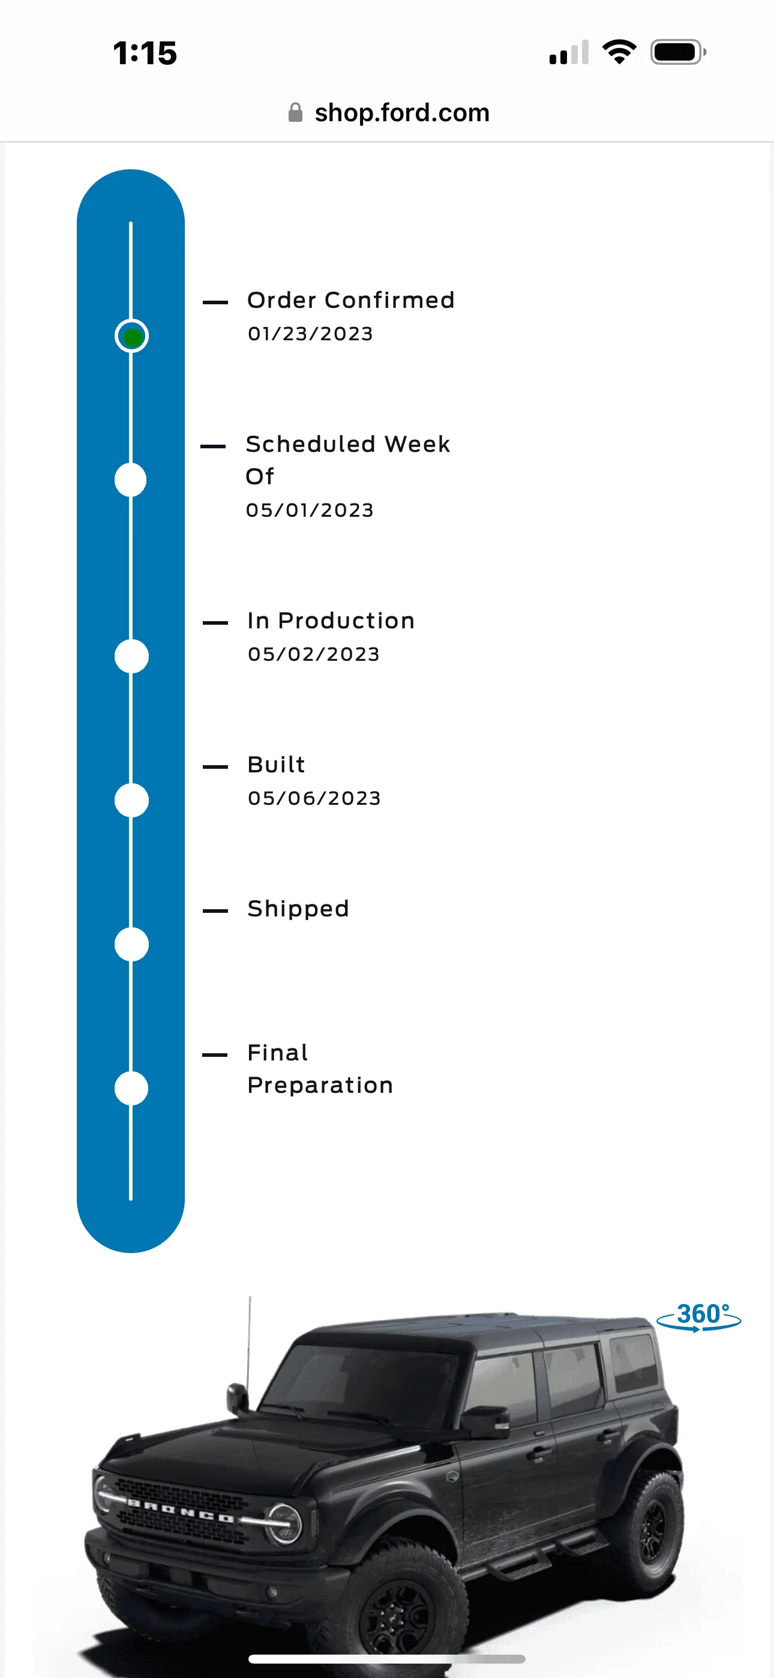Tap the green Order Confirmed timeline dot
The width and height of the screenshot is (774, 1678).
[131, 336]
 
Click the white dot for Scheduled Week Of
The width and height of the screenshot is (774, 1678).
[131, 480]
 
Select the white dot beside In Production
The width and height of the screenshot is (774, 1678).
[131, 656]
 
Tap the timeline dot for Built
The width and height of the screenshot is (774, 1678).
[131, 800]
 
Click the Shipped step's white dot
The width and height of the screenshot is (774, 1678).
[131, 944]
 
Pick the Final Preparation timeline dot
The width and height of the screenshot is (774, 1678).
[131, 1088]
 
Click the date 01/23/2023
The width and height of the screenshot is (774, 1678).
[310, 334]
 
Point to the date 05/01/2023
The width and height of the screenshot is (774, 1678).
[310, 510]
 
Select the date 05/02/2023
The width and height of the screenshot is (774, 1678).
[313, 654]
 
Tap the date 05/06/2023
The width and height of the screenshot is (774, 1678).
[314, 798]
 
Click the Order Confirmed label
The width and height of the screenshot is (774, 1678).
[350, 300]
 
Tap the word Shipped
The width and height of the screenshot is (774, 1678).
[298, 909]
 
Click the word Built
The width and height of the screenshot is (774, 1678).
[276, 765]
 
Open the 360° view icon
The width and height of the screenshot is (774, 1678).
[699, 1317]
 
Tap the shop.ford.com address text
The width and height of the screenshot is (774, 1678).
[402, 113]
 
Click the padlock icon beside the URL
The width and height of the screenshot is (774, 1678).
[295, 112]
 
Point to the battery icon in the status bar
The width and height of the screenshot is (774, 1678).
[678, 52]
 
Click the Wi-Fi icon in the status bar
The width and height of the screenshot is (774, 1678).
[619, 52]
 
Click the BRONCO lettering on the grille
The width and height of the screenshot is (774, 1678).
[181, 1511]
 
